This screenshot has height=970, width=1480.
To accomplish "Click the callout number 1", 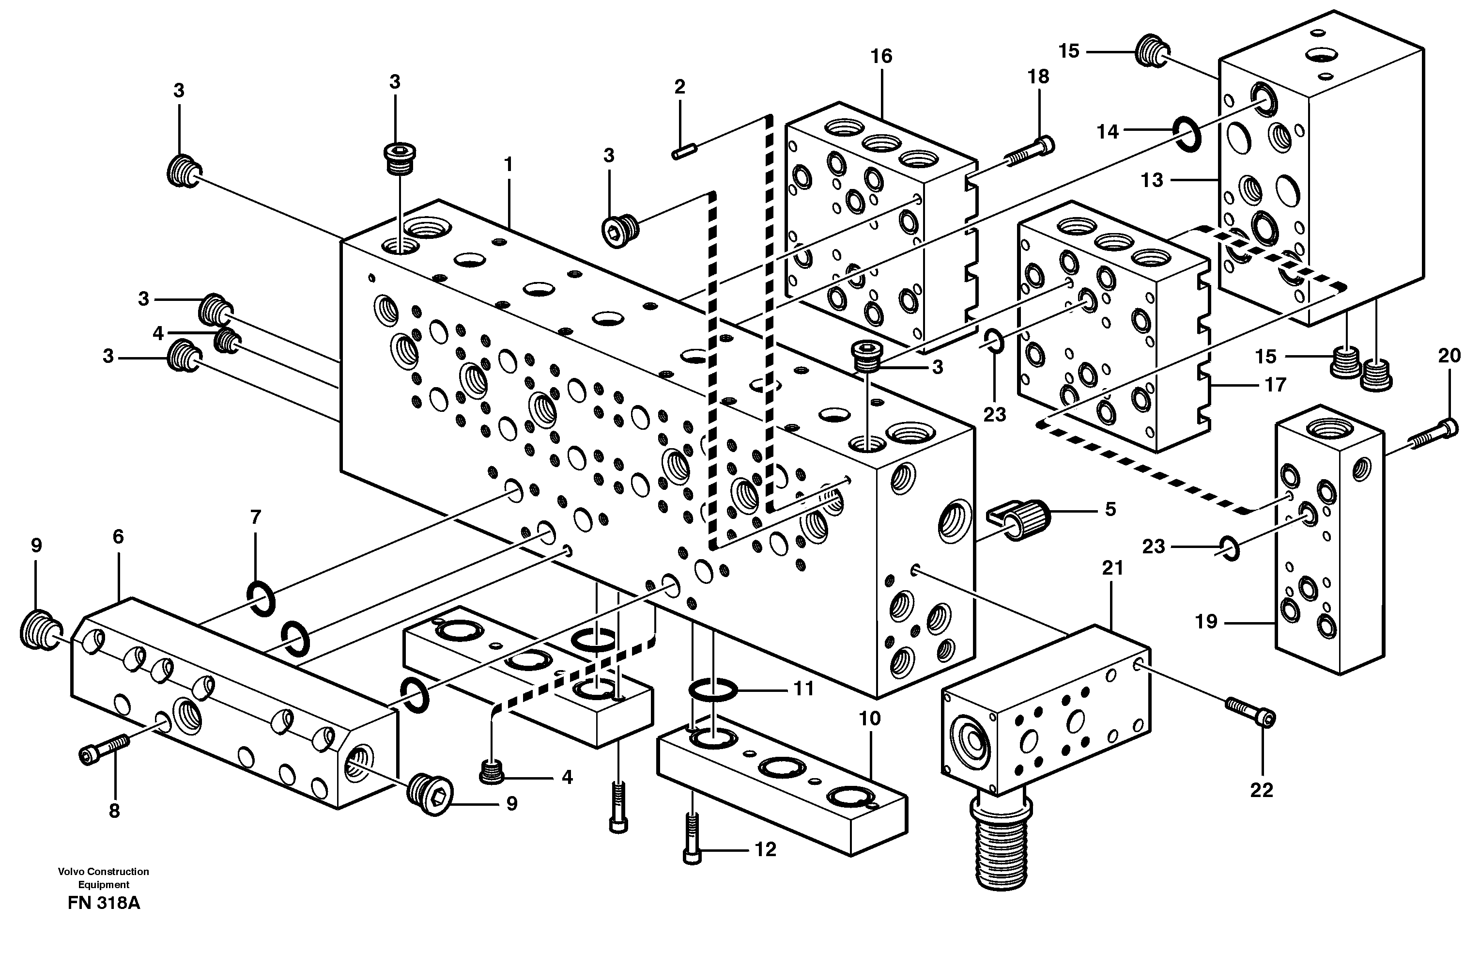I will click(508, 164).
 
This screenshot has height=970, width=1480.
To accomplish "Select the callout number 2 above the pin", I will click(679, 87).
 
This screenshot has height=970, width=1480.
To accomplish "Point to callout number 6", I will click(118, 536).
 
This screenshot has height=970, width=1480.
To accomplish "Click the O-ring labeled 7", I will click(261, 597).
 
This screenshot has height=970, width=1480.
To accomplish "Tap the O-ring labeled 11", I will click(713, 689).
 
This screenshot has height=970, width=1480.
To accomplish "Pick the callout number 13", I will click(1152, 180).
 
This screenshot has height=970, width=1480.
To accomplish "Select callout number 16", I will click(881, 57).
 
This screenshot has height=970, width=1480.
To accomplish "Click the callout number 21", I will click(1112, 567).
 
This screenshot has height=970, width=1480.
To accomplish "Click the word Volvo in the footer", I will click(71, 872).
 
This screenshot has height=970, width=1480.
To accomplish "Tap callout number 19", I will click(1206, 621).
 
